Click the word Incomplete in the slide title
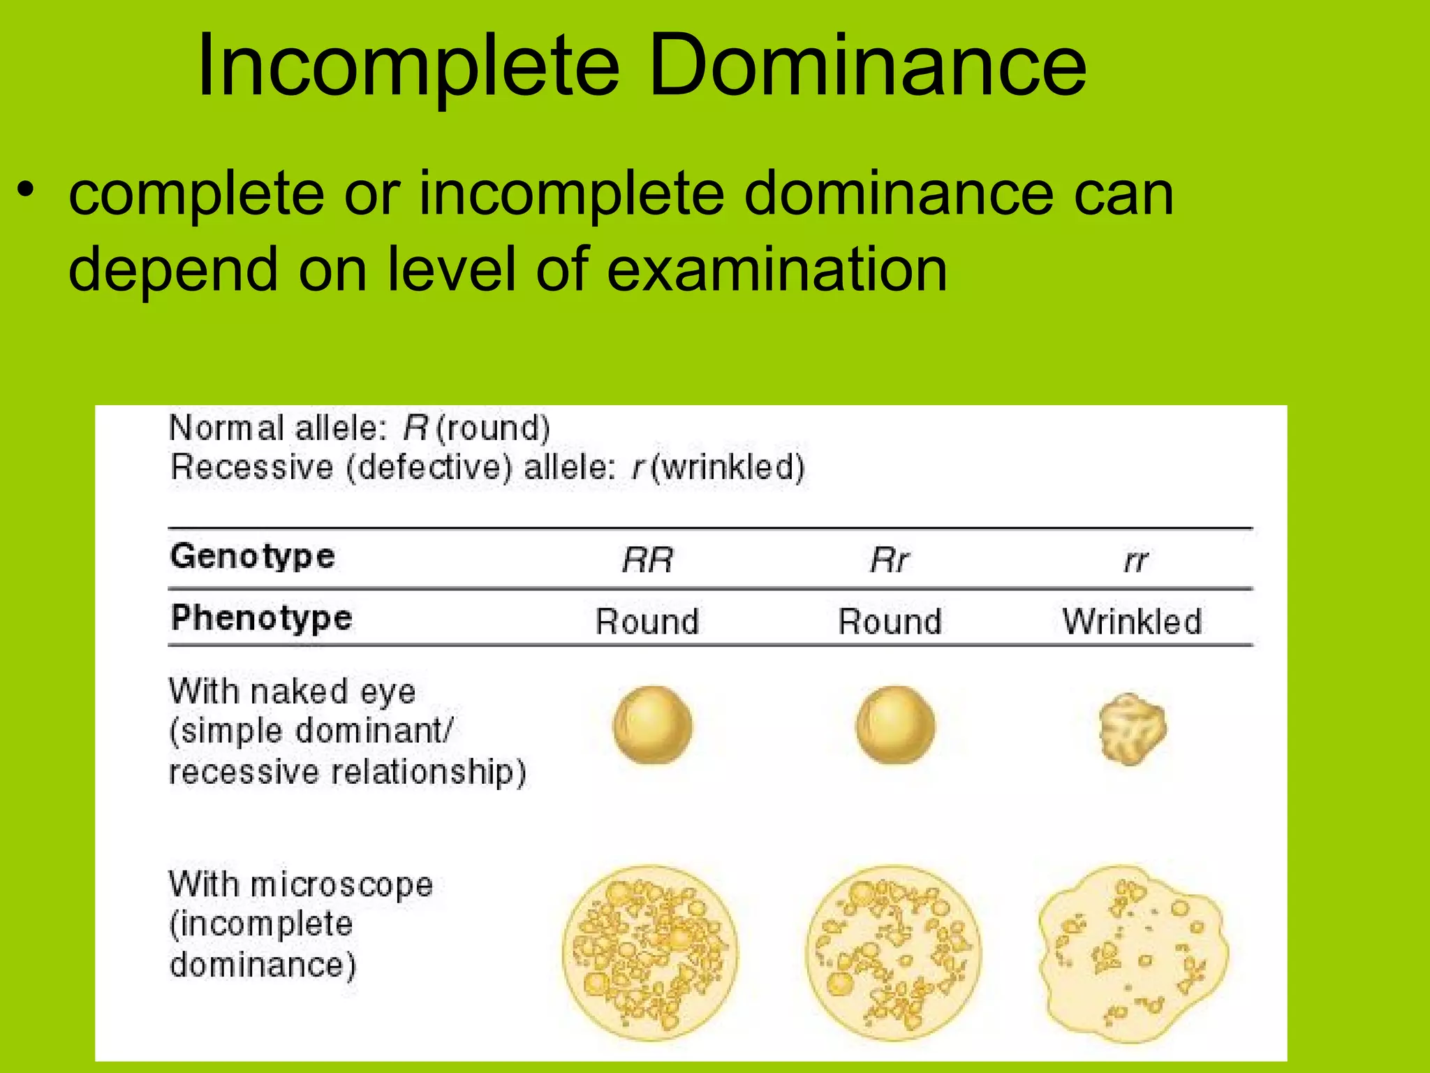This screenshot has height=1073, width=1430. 408,66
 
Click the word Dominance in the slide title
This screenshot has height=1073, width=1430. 867,66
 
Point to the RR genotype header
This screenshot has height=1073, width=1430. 647,560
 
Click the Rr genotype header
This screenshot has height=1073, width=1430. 890,560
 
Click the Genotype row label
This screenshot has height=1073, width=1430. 253,557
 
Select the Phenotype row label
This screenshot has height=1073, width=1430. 262,618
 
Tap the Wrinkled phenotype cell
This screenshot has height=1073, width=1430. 1132,622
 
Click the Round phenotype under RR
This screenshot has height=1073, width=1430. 647,622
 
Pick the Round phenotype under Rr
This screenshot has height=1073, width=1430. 890,622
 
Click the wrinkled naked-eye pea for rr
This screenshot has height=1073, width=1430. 1132,729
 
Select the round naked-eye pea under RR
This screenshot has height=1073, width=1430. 652,725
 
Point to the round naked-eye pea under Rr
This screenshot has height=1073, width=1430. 894,725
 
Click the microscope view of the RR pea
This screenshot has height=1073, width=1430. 650,953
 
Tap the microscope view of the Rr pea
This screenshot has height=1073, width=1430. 894,953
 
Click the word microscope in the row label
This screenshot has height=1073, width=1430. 341,885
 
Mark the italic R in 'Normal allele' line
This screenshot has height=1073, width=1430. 415,428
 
